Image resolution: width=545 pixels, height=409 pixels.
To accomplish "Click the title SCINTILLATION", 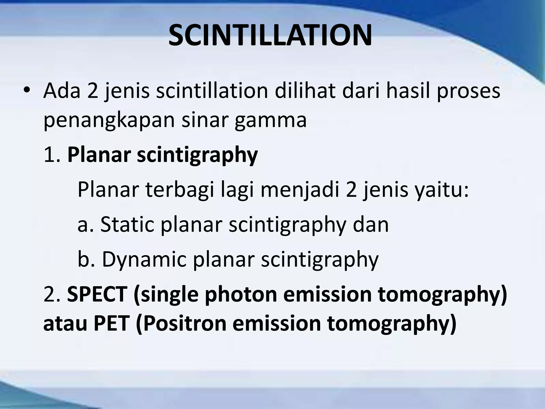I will coord(270,35).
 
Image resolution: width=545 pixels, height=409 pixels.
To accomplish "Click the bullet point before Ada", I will coord(27,91).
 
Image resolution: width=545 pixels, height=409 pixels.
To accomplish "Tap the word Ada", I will coord(62,91).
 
